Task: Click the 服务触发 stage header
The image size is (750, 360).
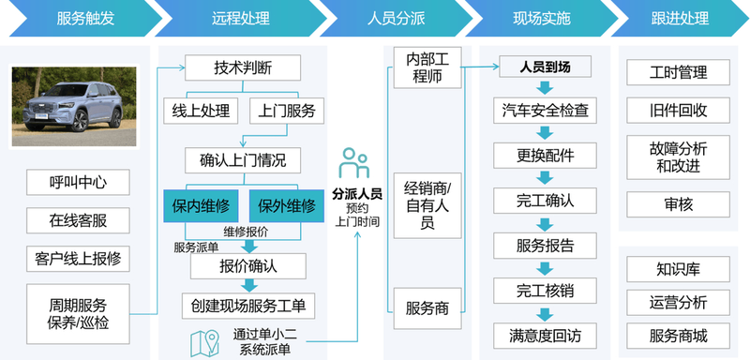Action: pos(76,18)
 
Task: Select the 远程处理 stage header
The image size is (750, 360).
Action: pos(233,18)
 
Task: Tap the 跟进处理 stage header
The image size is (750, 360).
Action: pos(678,18)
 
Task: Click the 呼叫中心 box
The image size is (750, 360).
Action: pos(78,182)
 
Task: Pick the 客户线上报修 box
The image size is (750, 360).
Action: pos(78,257)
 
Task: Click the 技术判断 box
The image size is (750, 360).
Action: pos(243,67)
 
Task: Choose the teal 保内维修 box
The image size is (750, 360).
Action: pos(203,204)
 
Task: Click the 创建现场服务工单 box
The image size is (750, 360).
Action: pos(248,306)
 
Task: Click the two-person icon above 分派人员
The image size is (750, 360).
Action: pos(355,164)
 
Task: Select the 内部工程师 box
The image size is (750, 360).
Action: pos(427,68)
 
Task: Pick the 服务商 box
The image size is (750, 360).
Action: pos(427,308)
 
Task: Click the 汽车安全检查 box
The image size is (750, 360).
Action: pos(546,111)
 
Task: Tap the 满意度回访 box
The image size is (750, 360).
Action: pos(546,334)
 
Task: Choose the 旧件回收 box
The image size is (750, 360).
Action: pos(678,111)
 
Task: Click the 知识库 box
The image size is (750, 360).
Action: pos(678,269)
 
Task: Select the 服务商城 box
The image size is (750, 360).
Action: pos(678,335)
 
